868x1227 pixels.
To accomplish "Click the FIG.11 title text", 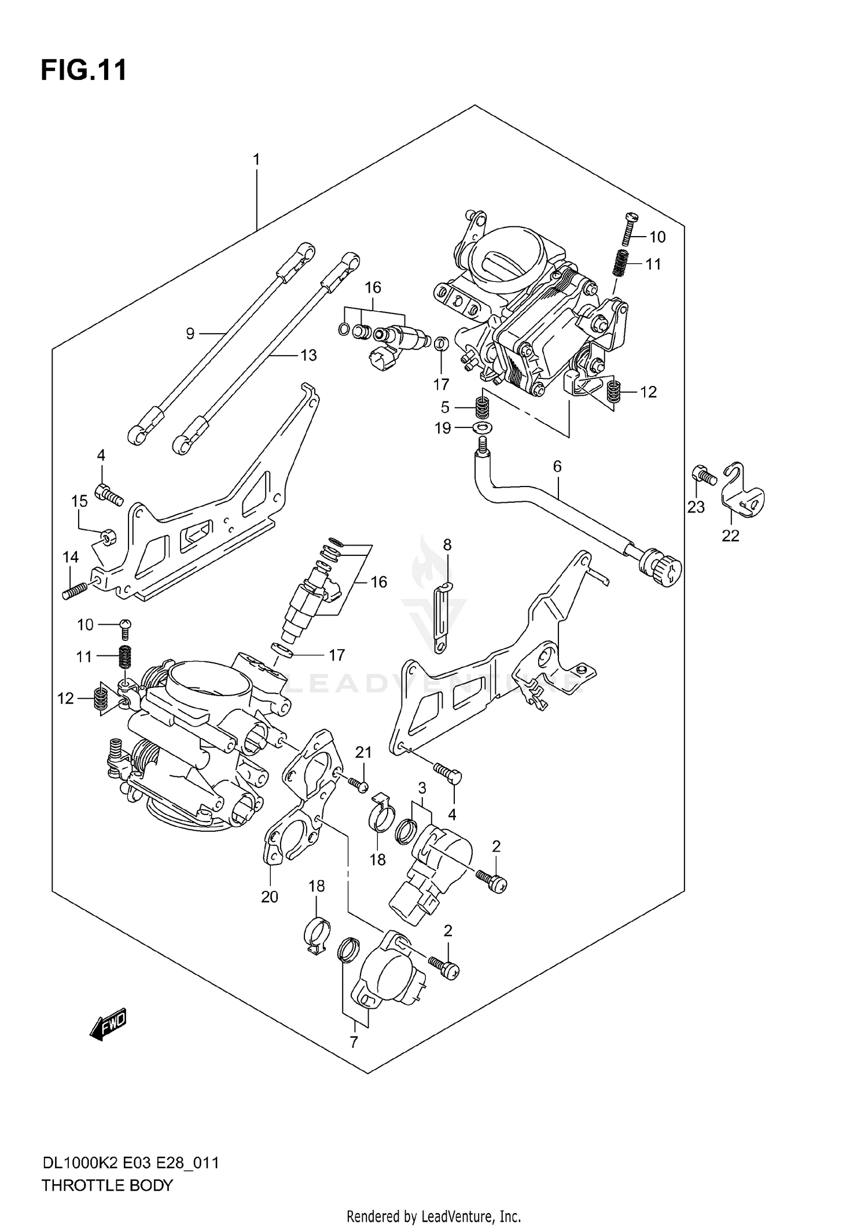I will coord(84,71).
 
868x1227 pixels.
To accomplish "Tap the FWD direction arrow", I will coord(108,1026).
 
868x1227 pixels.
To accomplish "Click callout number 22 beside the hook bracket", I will coord(730,536).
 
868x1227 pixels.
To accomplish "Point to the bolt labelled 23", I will coord(704,476).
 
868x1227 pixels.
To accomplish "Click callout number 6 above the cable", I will coord(557,466).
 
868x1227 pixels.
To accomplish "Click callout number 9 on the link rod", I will coord(190,333).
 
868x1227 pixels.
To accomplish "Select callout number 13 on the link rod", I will coord(308,355).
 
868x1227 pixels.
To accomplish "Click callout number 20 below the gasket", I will coord(270,897).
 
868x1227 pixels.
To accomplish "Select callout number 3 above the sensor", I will coord(422,788).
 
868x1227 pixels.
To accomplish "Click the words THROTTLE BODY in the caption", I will coord(107,1185).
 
